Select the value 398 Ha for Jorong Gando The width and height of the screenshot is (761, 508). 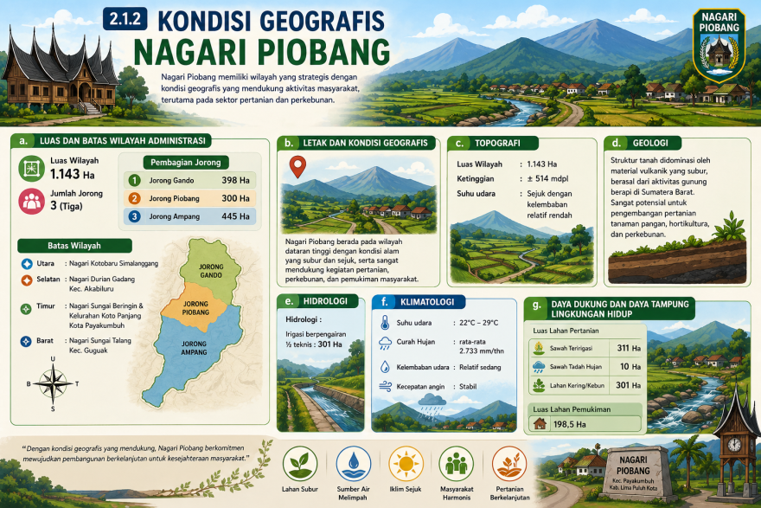235,180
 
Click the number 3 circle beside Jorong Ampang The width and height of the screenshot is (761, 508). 134,216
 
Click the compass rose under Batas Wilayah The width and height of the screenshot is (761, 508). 53,384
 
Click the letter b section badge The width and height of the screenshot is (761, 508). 288,143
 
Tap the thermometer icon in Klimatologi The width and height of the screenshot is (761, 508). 384,323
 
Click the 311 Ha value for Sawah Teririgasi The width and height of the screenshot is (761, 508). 624,348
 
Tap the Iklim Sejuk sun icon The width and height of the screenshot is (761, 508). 405,463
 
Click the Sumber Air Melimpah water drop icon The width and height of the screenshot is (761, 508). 353,463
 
